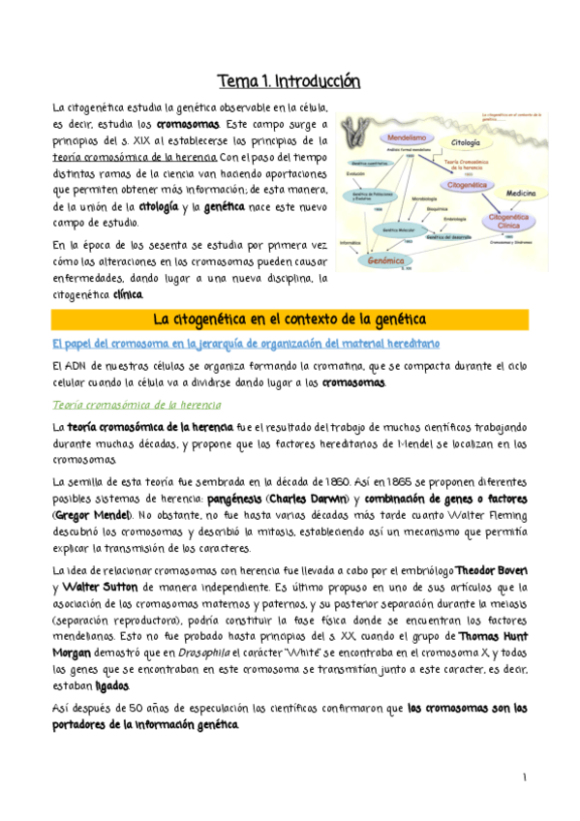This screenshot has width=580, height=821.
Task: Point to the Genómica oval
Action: pos(386,259)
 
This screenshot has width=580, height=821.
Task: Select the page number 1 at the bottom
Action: pos(523,776)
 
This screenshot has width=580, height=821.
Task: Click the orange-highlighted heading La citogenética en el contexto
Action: pos(290,319)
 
